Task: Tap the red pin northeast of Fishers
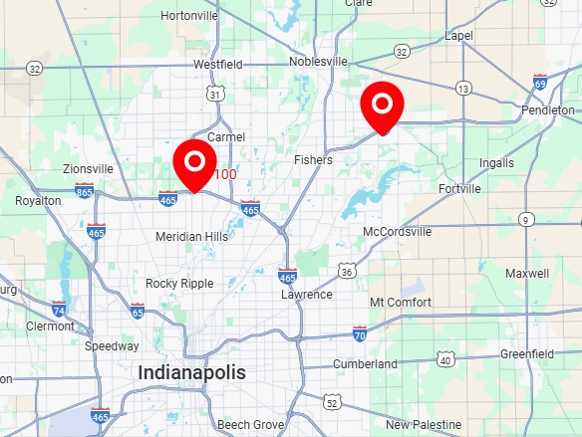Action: pos(381,104)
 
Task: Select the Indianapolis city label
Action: pos(192,372)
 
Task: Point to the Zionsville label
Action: pos(89,169)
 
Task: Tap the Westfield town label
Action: pos(218,64)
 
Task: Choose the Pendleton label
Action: pos(547,109)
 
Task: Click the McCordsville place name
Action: pos(398,231)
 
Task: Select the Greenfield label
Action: pos(527,353)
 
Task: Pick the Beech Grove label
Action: pos(250,425)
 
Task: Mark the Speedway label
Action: pos(112,346)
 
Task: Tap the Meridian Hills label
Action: pos(191,237)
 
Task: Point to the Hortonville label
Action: pos(188,16)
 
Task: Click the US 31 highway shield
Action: pos(215,94)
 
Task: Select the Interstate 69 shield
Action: pos(539,82)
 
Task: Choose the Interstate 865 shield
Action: pos(85,191)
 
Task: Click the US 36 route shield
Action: pos(347,271)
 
